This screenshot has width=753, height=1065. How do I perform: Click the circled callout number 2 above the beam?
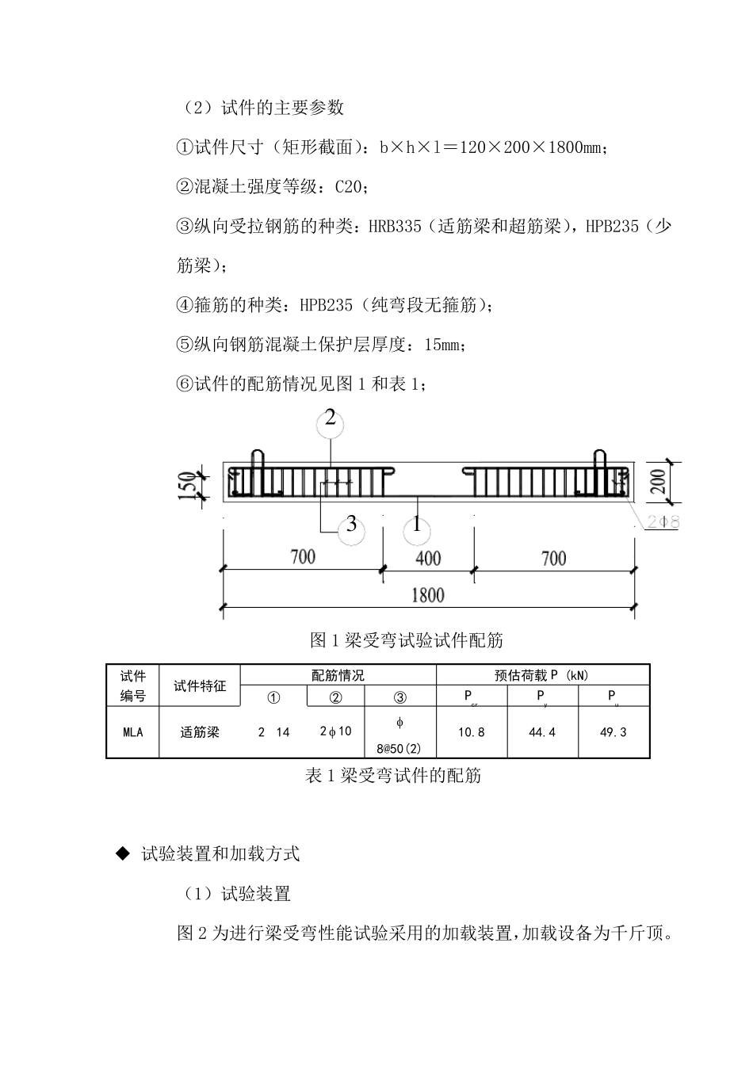pyautogui.click(x=330, y=420)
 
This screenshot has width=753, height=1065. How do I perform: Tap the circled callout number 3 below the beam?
pyautogui.click(x=351, y=526)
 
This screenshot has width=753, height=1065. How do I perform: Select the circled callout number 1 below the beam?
pyautogui.click(x=417, y=526)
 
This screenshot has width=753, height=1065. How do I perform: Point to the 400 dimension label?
pyautogui.click(x=428, y=558)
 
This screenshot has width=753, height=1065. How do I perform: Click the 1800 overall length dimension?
pyautogui.click(x=427, y=595)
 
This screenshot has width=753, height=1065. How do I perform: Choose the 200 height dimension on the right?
pyautogui.click(x=658, y=481)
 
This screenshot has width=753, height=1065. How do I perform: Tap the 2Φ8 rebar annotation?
pyautogui.click(x=662, y=522)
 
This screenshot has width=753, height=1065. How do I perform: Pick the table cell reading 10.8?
pyautogui.click(x=471, y=732)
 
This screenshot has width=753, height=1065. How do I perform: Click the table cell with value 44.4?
pyautogui.click(x=542, y=732)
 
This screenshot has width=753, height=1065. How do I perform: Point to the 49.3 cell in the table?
pyautogui.click(x=613, y=732)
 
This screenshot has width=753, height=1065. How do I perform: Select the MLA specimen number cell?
pyautogui.click(x=133, y=732)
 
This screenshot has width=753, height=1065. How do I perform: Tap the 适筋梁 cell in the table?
pyautogui.click(x=200, y=732)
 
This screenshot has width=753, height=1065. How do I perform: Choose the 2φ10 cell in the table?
pyautogui.click(x=335, y=731)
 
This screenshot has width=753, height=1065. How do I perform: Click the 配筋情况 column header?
pyautogui.click(x=338, y=675)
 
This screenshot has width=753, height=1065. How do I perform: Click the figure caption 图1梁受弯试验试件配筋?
pyautogui.click(x=407, y=639)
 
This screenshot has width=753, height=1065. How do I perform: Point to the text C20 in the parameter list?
pyautogui.click(x=349, y=187)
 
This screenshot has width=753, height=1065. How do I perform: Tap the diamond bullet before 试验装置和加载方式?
pyautogui.click(x=122, y=853)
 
